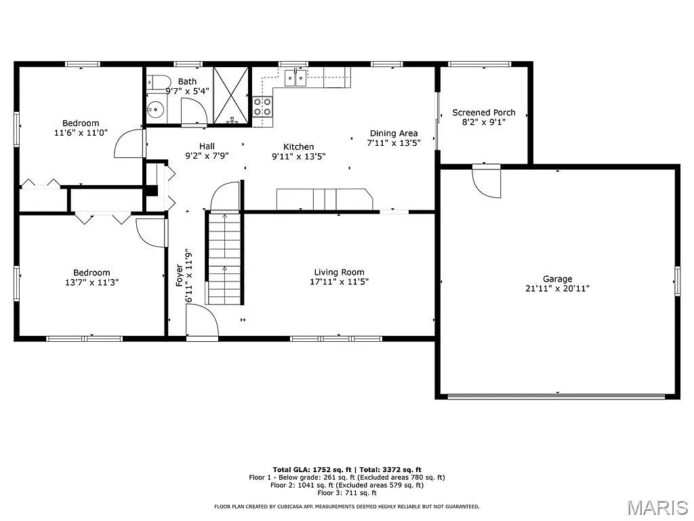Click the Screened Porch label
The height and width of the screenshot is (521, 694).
tap(484, 113)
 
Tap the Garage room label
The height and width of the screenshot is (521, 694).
tap(557, 279)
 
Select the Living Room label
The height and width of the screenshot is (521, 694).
tap(339, 272)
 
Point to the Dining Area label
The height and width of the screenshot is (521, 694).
tap(393, 134)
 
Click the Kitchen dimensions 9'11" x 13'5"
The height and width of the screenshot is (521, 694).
tap(299, 156)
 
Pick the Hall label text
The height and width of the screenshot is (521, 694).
tap(207, 146)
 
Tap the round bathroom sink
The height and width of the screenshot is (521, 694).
tap(156, 109)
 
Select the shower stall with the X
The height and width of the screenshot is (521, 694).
tap(232, 96)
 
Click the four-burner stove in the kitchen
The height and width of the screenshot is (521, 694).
tap(263, 107)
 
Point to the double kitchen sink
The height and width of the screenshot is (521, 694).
tap(295, 78)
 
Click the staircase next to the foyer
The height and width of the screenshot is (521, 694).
tap(224, 258)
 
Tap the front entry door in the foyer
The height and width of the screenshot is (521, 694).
tap(201, 321)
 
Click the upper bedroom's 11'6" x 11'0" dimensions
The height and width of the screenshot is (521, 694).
tap(81, 134)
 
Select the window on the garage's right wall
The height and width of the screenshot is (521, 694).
tap(677, 281)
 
